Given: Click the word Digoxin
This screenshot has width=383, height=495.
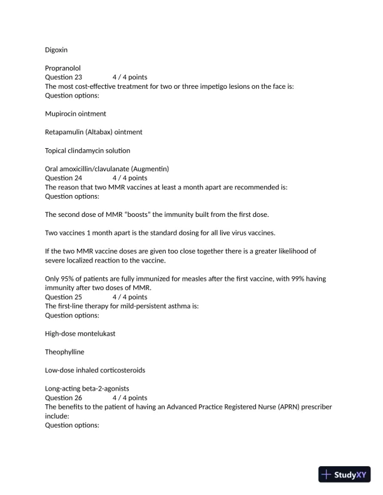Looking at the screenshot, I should (x=56, y=49).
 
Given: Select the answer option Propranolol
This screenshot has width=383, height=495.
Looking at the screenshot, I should (x=63, y=68).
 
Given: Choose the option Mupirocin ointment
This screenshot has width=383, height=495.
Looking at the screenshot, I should (x=75, y=114).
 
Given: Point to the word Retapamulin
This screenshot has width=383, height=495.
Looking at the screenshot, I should (x=66, y=132).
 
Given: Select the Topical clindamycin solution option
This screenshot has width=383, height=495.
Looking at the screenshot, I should (x=88, y=151).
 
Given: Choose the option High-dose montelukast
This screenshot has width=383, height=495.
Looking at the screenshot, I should (x=80, y=333).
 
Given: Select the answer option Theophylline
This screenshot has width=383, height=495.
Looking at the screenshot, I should (x=64, y=352).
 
